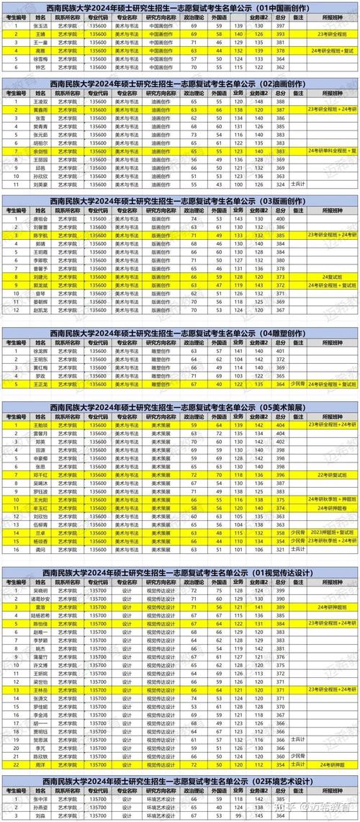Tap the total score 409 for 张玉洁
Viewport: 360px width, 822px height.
(x=280, y=25)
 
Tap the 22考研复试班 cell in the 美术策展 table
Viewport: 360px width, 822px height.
(x=332, y=455)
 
